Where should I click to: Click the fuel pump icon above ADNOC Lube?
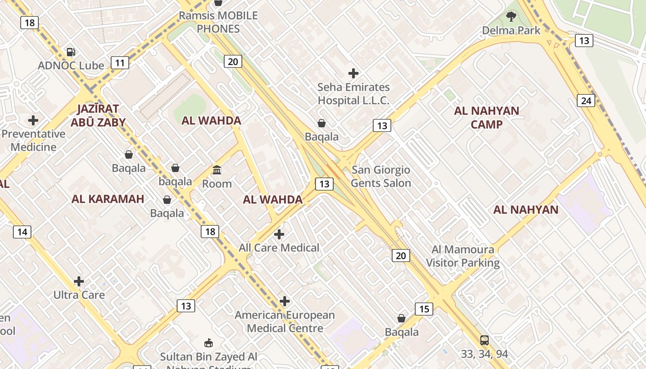[71, 52]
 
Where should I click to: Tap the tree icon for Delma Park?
[511, 17]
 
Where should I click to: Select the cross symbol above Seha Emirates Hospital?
[353, 73]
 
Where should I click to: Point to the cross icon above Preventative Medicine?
[33, 120]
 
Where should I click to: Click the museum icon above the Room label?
[217, 170]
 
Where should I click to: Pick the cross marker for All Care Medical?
[279, 234]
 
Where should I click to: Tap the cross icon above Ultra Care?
[79, 281]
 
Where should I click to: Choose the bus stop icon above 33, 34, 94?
[484, 340]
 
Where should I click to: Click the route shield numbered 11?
[120, 63]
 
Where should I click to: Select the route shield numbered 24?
[586, 100]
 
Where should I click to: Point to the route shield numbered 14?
[22, 232]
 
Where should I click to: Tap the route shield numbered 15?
[424, 309]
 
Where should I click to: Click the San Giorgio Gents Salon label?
[381, 177]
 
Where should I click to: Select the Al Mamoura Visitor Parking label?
[463, 256]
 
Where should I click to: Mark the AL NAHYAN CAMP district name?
[486, 118]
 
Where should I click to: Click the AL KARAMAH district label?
[108, 199]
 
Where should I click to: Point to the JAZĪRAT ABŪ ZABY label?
[98, 115]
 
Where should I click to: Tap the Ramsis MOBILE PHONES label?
[218, 22]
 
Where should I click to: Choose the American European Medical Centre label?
[285, 322]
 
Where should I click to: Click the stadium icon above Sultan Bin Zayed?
[209, 343]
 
